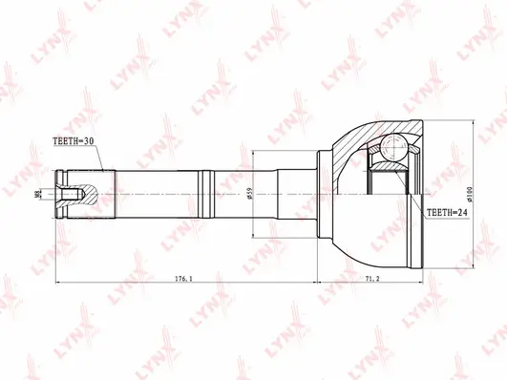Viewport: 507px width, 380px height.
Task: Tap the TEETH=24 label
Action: point(448,214)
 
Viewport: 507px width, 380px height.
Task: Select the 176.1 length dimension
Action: point(184,278)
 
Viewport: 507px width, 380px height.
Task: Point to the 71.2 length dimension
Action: point(372,278)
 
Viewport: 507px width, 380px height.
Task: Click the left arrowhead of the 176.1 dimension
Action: point(61,285)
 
